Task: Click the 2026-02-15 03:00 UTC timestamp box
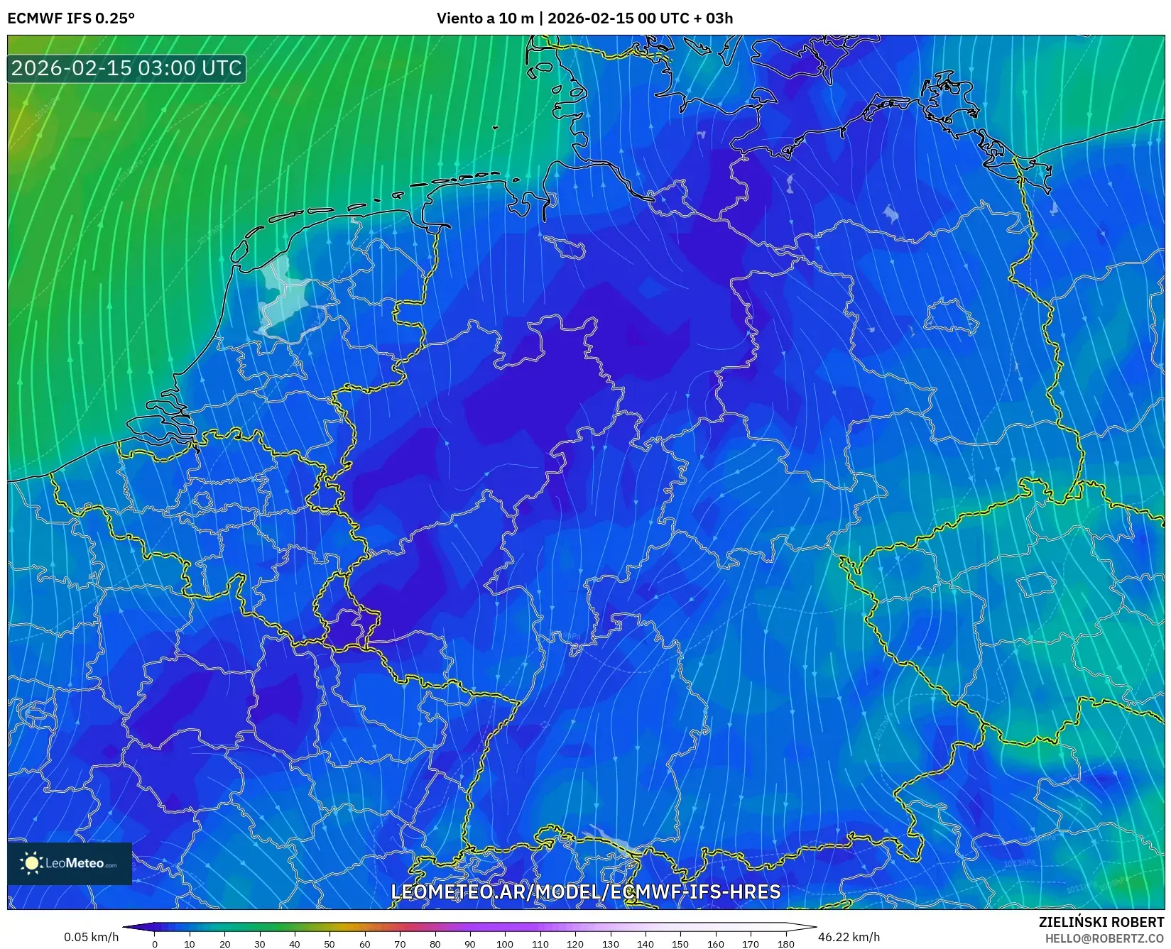pos(126,68)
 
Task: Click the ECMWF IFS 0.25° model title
pos(71,18)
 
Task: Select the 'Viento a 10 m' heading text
pos(485,18)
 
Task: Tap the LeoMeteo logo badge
pos(70,863)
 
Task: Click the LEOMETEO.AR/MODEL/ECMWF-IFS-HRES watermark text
pos(586,892)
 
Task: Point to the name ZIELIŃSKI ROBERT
pos(1101,922)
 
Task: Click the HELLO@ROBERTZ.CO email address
pos(1104,938)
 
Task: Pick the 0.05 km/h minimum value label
pos(91,937)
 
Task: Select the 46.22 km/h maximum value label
pos(849,937)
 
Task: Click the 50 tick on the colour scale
pos(329,943)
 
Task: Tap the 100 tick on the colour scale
pos(505,943)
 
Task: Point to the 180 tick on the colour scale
pos(785,943)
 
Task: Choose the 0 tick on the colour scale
pos(155,943)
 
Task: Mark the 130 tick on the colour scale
pos(610,943)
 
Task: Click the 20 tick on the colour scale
pos(224,943)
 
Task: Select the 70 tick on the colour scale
pos(400,943)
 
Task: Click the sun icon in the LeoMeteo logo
pos(32,863)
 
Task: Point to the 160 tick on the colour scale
pos(715,943)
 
